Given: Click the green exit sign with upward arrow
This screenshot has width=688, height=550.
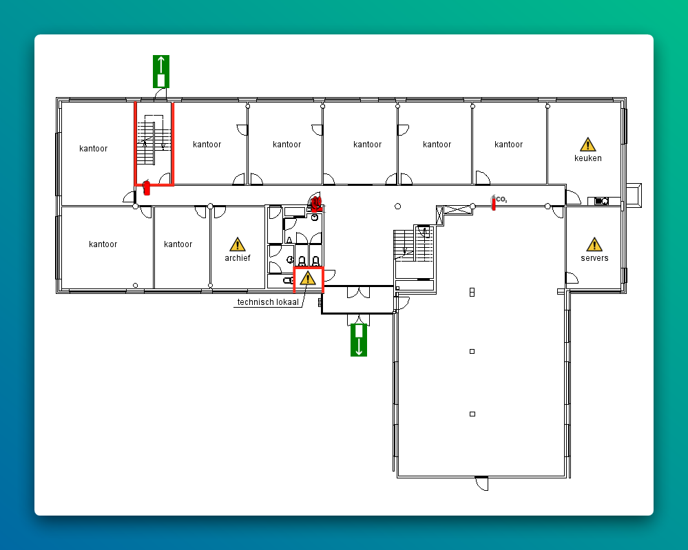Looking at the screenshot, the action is pyautogui.click(x=161, y=72).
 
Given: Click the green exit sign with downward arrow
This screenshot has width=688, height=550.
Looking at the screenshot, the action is pyautogui.click(x=359, y=340).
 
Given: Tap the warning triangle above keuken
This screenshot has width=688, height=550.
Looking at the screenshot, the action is pyautogui.click(x=587, y=145).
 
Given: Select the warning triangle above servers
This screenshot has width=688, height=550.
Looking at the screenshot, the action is pyautogui.click(x=594, y=244).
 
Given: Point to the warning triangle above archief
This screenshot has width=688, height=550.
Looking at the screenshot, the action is pyautogui.click(x=238, y=244).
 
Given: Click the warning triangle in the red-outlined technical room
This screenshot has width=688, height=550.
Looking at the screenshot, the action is pyautogui.click(x=308, y=278).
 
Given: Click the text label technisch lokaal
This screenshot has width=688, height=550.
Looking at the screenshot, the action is pyautogui.click(x=268, y=302).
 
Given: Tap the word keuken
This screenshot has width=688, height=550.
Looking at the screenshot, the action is pyautogui.click(x=588, y=158).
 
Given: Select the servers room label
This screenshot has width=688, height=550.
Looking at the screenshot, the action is pyautogui.click(x=594, y=258).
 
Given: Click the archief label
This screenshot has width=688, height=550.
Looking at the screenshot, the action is pyautogui.click(x=238, y=258).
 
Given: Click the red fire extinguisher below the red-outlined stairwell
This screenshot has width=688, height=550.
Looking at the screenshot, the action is pyautogui.click(x=147, y=188).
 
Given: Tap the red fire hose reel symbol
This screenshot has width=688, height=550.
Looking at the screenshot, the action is pyautogui.click(x=315, y=203).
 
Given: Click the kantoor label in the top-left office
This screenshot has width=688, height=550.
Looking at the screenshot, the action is pyautogui.click(x=93, y=149).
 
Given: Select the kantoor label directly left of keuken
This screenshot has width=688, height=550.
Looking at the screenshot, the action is pyautogui.click(x=508, y=145).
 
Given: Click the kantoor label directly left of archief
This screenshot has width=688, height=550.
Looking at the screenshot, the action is pyautogui.click(x=178, y=244).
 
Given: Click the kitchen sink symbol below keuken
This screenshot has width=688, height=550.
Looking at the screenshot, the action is pyautogui.click(x=601, y=201).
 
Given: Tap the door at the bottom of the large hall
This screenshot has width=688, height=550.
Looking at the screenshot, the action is pyautogui.click(x=482, y=483).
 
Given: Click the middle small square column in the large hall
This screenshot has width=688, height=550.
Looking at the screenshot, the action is pyautogui.click(x=472, y=351).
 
